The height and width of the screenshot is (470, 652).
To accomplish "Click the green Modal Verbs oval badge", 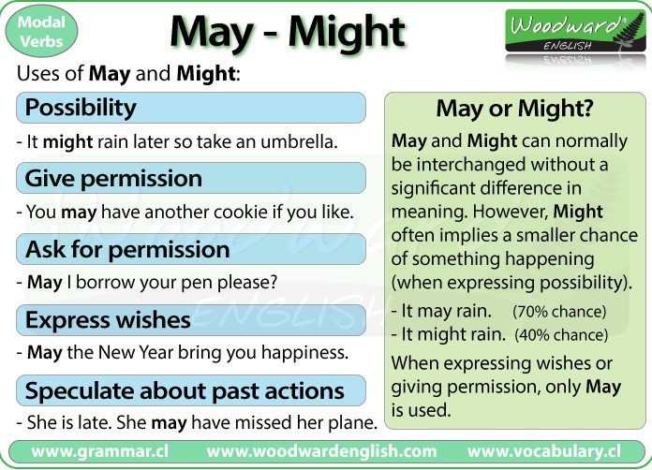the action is [41, 32].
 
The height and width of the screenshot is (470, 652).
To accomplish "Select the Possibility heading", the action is [81, 108].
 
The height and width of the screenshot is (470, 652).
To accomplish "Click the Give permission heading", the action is [113, 178].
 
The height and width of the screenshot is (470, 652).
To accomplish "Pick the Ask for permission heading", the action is [127, 249].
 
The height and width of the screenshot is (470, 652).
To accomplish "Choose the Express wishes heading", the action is [108, 320].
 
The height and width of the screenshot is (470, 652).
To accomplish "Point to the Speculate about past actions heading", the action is [185, 391].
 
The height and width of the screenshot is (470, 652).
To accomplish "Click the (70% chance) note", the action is [559, 312].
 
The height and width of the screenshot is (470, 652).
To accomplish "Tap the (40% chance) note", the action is [561, 335].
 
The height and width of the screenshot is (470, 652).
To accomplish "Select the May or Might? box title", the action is [515, 109].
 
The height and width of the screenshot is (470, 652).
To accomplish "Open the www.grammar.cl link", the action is [100, 451].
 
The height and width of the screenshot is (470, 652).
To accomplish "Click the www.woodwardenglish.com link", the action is [321, 451].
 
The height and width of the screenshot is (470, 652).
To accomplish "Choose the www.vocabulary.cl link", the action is [544, 451].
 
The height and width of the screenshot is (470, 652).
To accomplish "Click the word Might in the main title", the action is [347, 32].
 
